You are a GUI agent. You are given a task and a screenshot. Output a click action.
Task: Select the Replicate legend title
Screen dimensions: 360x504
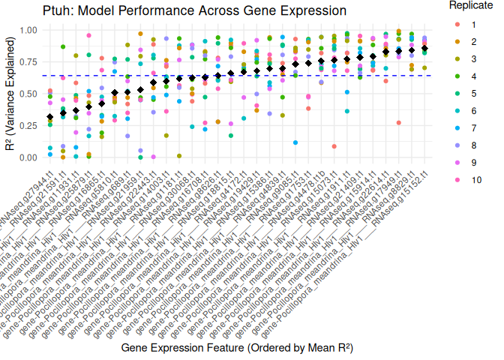[x=470, y=5]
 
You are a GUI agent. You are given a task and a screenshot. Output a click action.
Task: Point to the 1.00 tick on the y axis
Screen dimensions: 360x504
[x=28, y=30]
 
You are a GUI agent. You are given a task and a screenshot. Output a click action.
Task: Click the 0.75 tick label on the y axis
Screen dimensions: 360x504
[x=28, y=62]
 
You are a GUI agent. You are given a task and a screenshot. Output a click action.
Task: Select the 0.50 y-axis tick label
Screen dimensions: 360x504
[x=28, y=94]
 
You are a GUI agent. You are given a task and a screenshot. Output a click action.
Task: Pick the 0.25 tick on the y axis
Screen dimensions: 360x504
[x=28, y=126]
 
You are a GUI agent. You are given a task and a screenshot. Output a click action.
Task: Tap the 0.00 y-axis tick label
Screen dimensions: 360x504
[x=28, y=157]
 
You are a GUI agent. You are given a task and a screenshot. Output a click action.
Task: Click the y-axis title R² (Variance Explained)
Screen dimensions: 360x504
[x=9, y=94]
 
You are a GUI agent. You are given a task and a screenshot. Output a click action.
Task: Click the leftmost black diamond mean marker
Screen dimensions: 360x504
[x=50, y=117]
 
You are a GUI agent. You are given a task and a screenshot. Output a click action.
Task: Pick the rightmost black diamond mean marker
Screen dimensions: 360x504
[x=425, y=49]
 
